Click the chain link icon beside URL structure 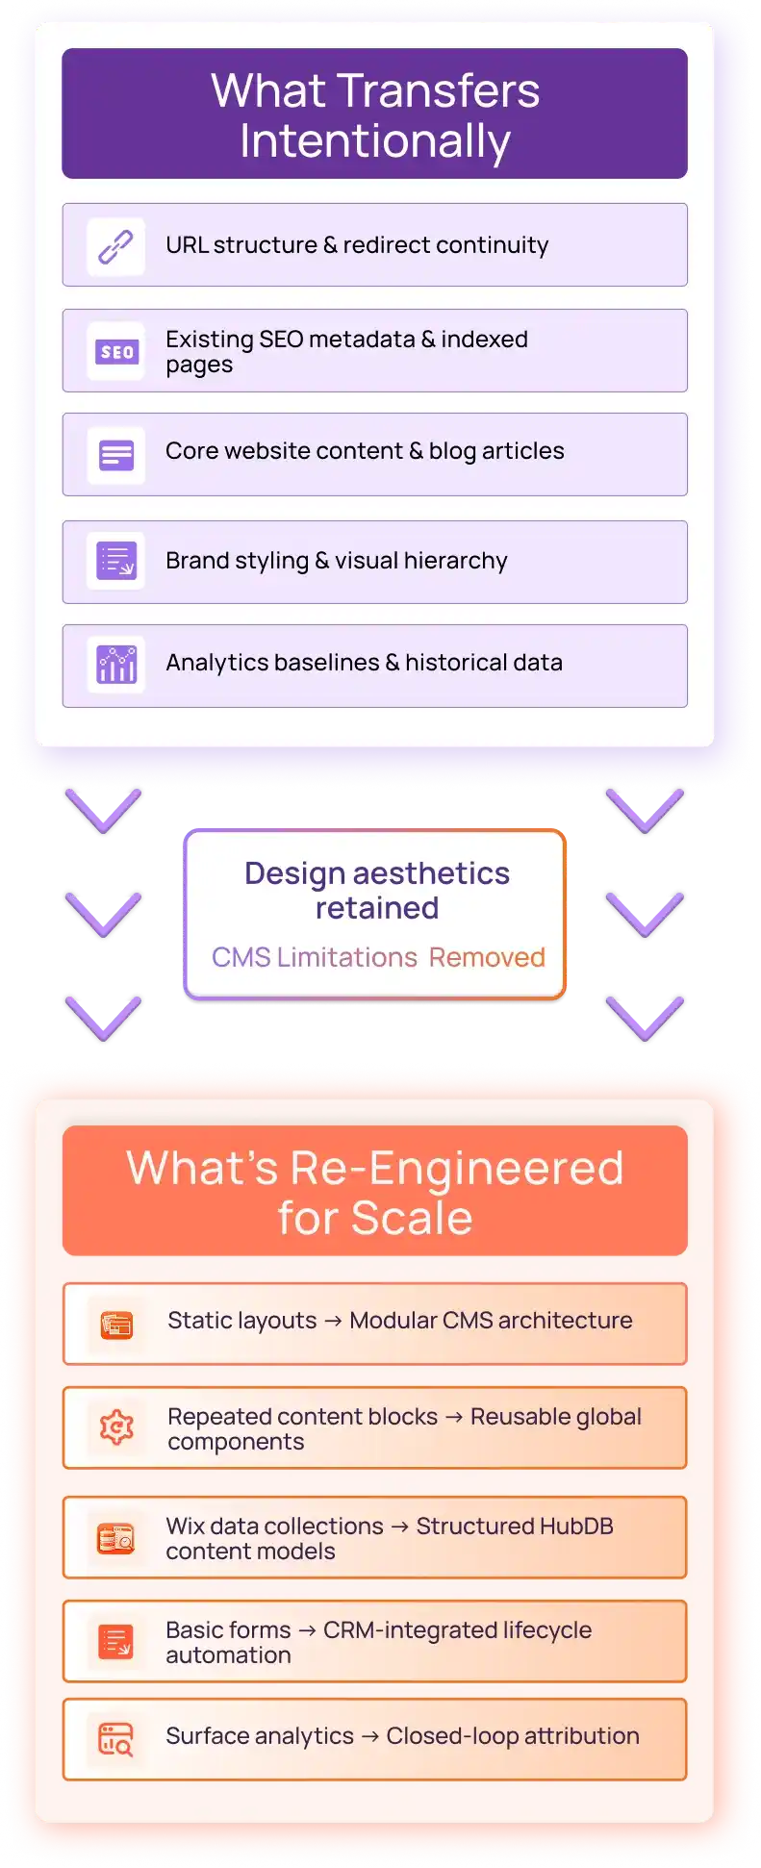(x=116, y=247)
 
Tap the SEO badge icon (x=116, y=352)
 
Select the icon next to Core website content (x=116, y=455)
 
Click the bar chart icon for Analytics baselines (x=116, y=664)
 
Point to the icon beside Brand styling (x=116, y=560)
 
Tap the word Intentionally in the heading (x=375, y=142)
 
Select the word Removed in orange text (x=487, y=958)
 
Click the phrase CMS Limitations (x=315, y=958)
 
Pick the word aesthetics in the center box (x=432, y=873)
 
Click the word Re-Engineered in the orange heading (x=457, y=1169)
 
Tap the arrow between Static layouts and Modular (x=333, y=1322)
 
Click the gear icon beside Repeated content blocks (x=116, y=1427)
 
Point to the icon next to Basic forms (x=116, y=1641)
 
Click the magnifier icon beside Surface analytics (x=116, y=1739)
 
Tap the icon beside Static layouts (x=116, y=1325)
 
